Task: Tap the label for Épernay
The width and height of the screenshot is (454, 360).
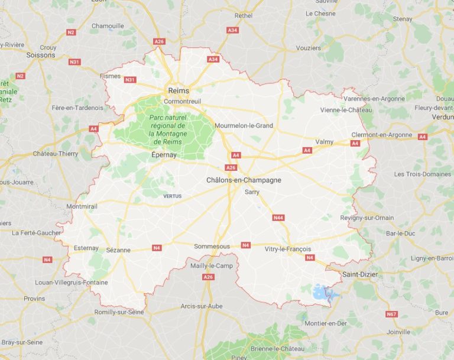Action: point(164,154)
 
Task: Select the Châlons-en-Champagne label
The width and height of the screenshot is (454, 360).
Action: point(244,180)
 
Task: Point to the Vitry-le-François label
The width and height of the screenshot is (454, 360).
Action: point(288,249)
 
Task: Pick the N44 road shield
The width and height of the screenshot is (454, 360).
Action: point(278,218)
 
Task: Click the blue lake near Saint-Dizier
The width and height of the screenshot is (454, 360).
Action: point(322,292)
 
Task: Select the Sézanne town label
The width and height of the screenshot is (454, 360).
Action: point(118,250)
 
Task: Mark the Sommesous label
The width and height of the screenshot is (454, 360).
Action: point(212,246)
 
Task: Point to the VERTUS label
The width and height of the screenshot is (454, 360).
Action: point(173,196)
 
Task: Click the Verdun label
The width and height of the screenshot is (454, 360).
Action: point(444,116)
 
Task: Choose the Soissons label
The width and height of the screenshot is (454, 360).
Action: point(41,55)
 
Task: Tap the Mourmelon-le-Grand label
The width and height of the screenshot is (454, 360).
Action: point(244,125)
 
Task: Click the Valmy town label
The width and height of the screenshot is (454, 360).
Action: point(325,142)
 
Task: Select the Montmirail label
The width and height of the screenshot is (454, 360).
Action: point(82,206)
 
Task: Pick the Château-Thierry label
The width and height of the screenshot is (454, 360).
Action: point(56,154)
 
